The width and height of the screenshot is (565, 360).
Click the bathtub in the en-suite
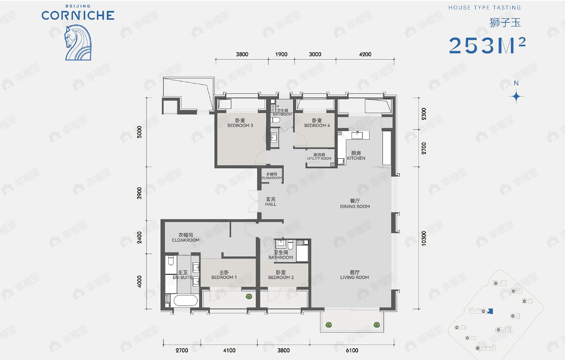pyautogui.click(x=185, y=300)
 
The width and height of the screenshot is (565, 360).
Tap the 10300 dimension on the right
pyautogui.click(x=424, y=238)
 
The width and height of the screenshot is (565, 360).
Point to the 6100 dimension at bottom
pyautogui.click(x=352, y=350)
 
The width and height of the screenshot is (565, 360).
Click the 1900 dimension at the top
pyautogui.click(x=281, y=54)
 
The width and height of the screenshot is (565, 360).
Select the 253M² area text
pyautogui.click(x=487, y=46)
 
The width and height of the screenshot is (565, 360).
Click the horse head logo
pyautogui.click(x=78, y=42)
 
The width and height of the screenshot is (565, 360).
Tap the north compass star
pyautogui.click(x=516, y=96)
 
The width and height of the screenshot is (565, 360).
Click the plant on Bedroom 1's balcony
pyautogui.click(x=248, y=296)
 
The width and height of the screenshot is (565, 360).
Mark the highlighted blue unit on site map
pyautogui.click(x=491, y=311)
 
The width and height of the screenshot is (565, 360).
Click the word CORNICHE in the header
pyautogui.click(x=78, y=15)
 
